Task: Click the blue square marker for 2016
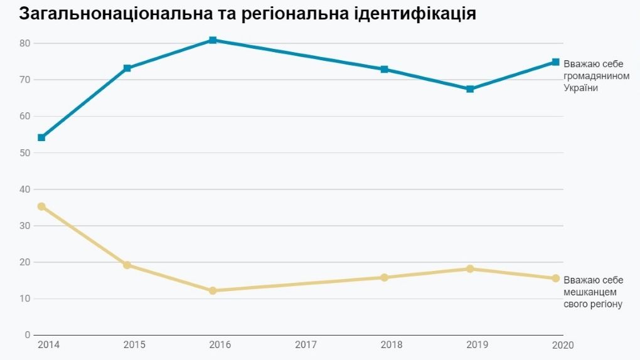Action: [213, 40]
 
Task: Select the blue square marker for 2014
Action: [41, 137]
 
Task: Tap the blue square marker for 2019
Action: [470, 89]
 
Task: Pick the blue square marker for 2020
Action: [555, 62]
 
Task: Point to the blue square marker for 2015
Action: [127, 68]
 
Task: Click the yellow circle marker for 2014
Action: [41, 206]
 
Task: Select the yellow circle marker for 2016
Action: [213, 290]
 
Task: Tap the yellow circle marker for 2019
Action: [470, 268]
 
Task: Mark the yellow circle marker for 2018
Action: [384, 277]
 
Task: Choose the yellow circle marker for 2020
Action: [555, 278]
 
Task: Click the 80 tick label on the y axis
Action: [24, 43]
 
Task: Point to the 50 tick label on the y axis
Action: [24, 152]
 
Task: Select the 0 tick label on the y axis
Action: [28, 335]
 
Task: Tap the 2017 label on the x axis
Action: [306, 345]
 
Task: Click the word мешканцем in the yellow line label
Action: [590, 292]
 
